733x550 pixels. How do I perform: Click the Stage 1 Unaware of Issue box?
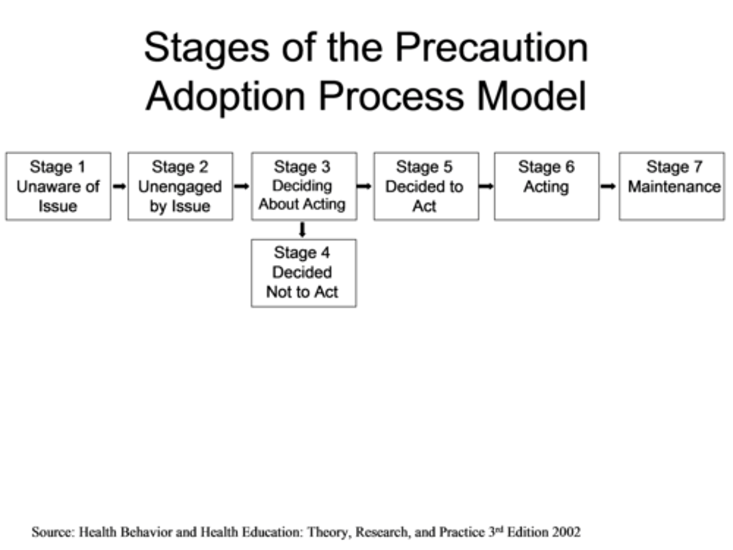point(58,186)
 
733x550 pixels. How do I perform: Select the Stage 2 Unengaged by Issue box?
point(180,186)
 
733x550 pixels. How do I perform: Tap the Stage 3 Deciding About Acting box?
point(304,186)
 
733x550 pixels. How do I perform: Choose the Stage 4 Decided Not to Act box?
point(303,273)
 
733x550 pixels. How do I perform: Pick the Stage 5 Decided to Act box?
point(426,186)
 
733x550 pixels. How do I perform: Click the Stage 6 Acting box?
point(546,186)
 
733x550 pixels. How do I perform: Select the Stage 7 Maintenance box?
point(671,186)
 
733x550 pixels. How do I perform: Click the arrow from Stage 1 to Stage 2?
point(119,186)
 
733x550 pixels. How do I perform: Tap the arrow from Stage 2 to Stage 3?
point(242,186)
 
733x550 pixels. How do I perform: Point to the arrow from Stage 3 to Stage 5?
point(364,186)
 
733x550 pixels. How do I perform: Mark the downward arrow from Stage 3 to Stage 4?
point(302,230)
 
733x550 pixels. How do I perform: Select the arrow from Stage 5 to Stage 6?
point(486,186)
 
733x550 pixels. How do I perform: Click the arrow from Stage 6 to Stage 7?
point(608,186)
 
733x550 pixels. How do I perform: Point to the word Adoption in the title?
point(225,97)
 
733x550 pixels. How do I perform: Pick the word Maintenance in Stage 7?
point(674,187)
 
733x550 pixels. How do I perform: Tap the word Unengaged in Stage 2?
point(180,187)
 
